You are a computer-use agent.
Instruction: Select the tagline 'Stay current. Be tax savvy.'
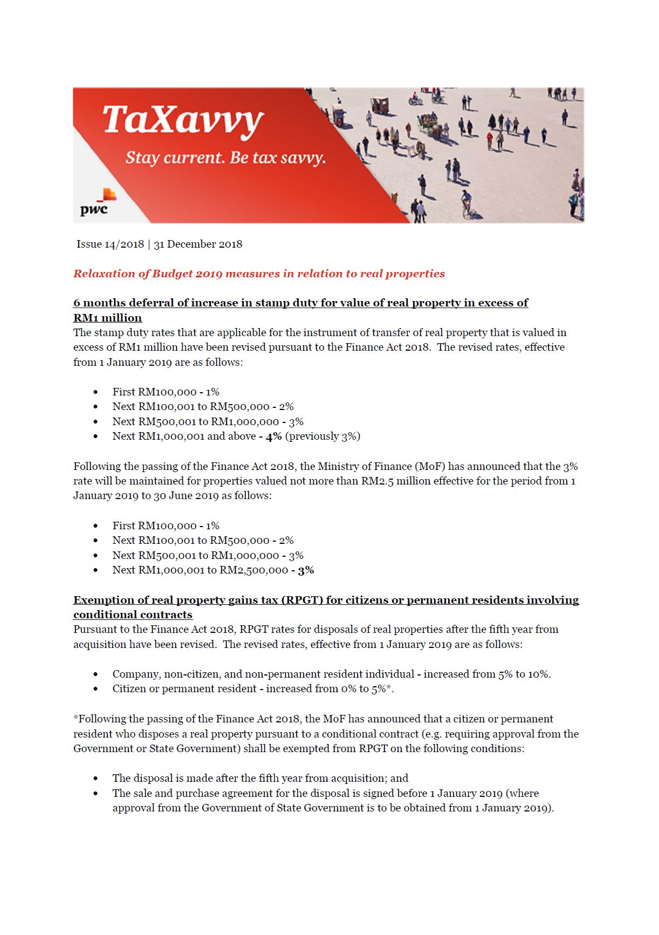tap(225, 158)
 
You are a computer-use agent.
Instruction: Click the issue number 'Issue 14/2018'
tap(110, 244)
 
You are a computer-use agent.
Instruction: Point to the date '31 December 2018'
tap(198, 244)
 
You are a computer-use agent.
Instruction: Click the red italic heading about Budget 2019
tap(259, 274)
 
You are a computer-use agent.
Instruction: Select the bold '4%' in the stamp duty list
tap(273, 436)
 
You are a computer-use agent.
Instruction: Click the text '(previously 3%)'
tap(322, 436)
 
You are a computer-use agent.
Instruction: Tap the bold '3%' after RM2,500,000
tap(306, 570)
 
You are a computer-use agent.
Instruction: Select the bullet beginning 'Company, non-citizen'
tap(331, 674)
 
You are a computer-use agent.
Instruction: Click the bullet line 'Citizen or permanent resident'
tap(253, 689)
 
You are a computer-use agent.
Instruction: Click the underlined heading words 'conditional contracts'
tap(133, 615)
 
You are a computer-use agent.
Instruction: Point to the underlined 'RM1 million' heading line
tap(107, 318)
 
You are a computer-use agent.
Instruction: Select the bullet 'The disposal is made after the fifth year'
tap(260, 778)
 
